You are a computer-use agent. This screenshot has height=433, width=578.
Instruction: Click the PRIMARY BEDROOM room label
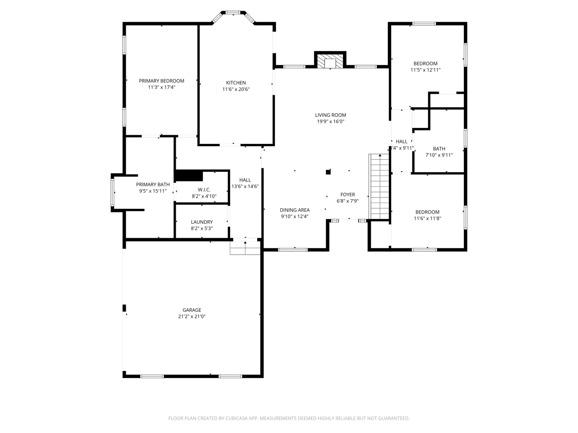[x=161, y=81]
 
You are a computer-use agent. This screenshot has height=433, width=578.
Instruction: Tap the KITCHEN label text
[x=236, y=83]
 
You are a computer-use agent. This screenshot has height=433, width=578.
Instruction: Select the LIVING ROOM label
[x=330, y=115]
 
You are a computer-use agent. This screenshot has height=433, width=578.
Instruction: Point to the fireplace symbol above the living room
[x=330, y=61]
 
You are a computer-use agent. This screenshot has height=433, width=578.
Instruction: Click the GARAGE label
[x=192, y=310]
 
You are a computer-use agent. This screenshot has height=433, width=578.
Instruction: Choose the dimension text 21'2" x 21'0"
[x=192, y=316]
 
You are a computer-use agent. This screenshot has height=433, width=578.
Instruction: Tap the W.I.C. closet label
[x=204, y=190]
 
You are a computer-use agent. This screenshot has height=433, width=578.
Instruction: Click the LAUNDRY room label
[x=202, y=222]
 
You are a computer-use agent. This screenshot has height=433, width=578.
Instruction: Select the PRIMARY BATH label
[x=153, y=184]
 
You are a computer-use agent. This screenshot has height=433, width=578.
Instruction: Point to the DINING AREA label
[x=295, y=210]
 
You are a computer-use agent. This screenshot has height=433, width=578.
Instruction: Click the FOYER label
[x=348, y=194]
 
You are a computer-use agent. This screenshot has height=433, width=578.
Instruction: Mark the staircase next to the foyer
[x=380, y=186]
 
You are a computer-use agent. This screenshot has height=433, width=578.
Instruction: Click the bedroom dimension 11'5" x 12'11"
[x=425, y=70]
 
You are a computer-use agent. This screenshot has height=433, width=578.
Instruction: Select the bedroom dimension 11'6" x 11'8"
[x=427, y=218]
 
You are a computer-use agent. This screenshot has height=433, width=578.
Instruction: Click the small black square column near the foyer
[x=328, y=172]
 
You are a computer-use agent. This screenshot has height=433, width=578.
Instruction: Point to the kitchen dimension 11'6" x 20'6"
[x=236, y=89]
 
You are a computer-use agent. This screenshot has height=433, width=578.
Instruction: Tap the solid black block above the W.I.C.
[x=189, y=176]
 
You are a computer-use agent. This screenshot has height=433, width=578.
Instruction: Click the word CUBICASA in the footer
[x=236, y=418]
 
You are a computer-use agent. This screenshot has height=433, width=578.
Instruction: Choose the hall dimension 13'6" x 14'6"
[x=245, y=186]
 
